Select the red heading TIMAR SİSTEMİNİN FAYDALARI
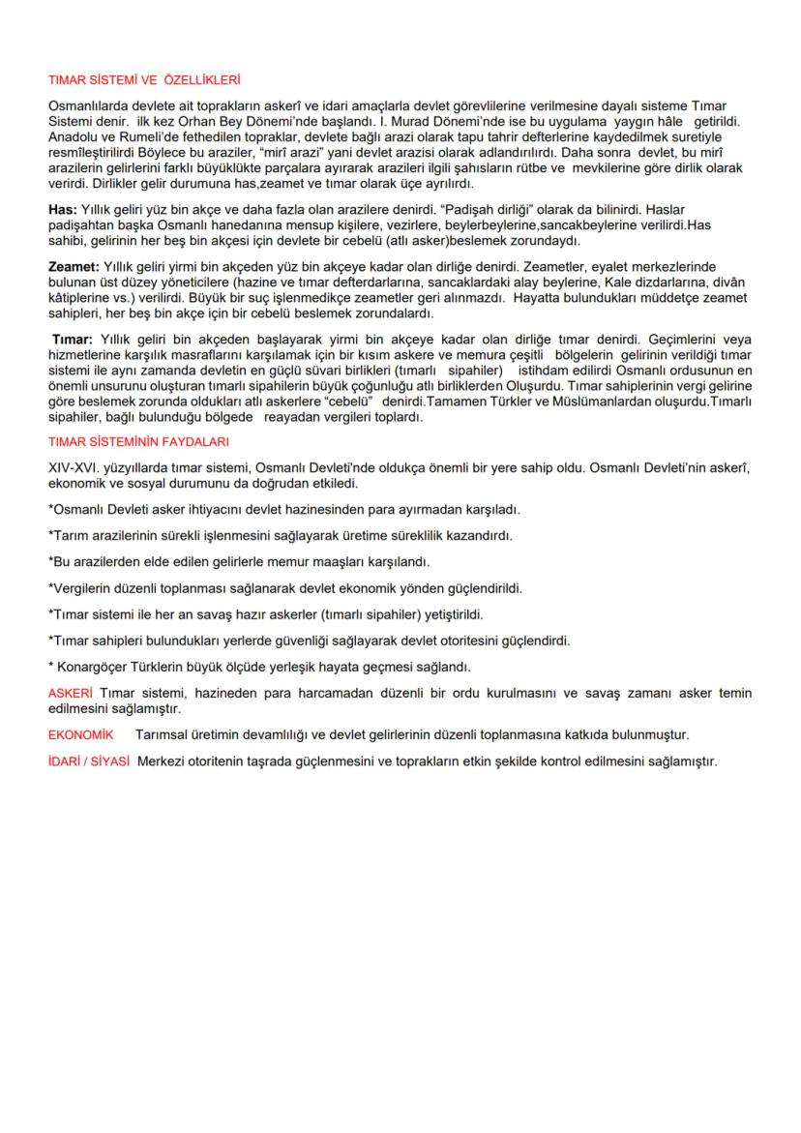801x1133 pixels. pyautogui.click(x=138, y=441)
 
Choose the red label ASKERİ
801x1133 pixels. pyautogui.click(x=70, y=693)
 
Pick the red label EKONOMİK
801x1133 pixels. pyautogui.click(x=80, y=734)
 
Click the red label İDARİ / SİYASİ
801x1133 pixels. pyautogui.click(x=89, y=760)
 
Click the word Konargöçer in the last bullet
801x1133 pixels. pyautogui.click(x=95, y=667)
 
